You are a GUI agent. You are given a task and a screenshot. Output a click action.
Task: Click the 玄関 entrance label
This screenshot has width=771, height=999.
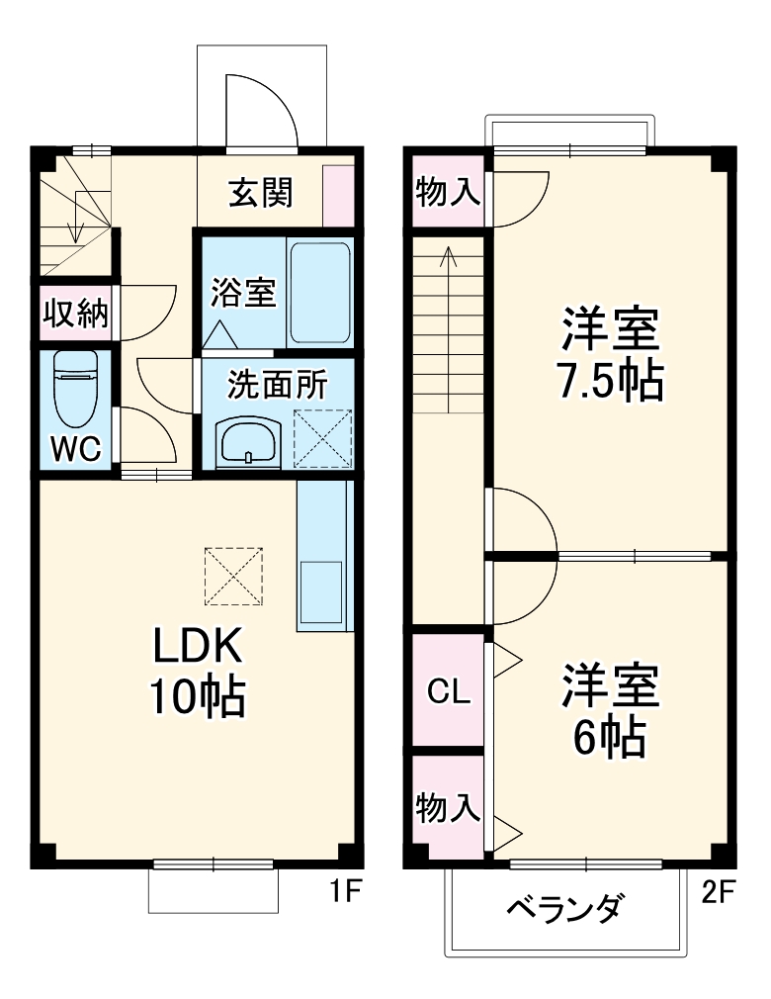(x=261, y=192)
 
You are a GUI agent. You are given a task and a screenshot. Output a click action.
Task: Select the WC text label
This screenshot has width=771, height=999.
(x=76, y=450)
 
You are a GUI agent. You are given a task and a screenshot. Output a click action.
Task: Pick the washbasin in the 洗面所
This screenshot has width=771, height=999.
(x=248, y=441)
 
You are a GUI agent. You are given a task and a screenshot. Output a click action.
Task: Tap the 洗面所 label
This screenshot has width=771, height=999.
(x=277, y=385)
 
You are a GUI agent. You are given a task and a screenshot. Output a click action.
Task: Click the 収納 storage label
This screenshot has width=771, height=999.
(x=75, y=314)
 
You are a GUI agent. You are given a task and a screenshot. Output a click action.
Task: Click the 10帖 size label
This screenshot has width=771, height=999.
(x=197, y=696)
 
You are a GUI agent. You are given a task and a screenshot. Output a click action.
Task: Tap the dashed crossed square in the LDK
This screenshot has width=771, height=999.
(x=234, y=576)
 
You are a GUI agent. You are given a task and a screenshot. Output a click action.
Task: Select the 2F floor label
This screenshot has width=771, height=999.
(x=719, y=892)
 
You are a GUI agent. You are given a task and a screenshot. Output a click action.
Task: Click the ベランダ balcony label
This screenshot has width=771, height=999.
(x=565, y=908)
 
